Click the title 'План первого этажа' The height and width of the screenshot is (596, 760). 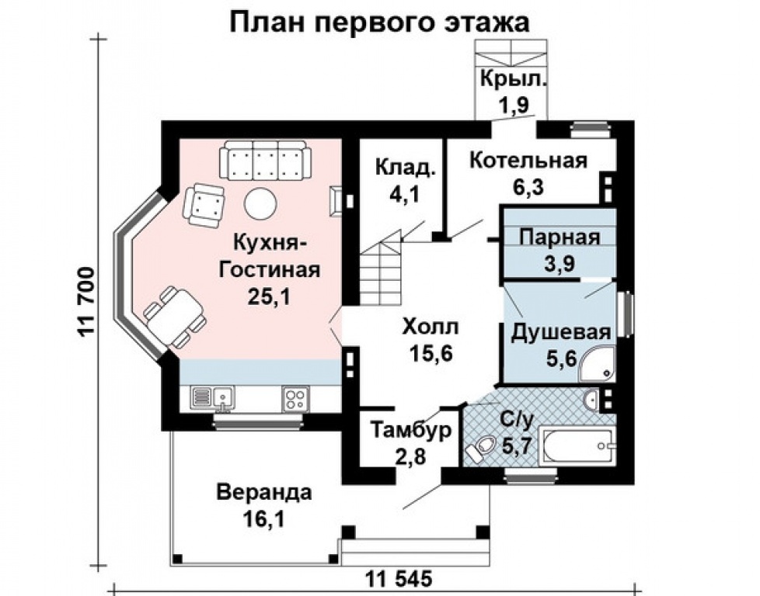point(380,21)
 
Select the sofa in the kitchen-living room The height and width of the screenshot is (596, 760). point(265,161)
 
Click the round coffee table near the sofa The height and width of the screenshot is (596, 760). point(260,203)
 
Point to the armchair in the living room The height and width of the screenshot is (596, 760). point(205,205)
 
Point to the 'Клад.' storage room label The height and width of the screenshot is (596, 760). point(404,168)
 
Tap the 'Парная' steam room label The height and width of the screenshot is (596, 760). point(559,237)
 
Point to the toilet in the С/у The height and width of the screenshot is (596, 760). point(482,448)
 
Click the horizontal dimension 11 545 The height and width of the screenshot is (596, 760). point(398,579)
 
